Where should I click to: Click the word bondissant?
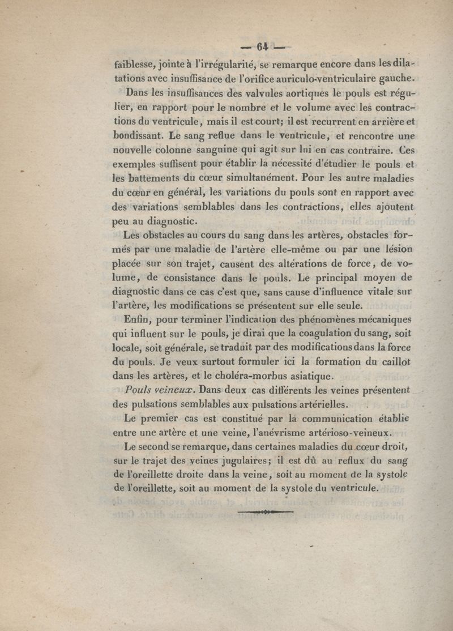(139, 137)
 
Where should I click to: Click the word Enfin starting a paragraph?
(138, 319)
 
